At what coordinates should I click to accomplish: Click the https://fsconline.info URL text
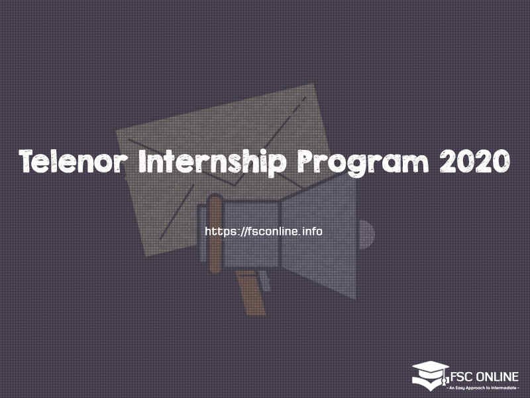(x=264, y=232)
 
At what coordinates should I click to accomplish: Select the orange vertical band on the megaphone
(x=215, y=232)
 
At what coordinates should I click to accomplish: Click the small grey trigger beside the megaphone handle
(x=267, y=281)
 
